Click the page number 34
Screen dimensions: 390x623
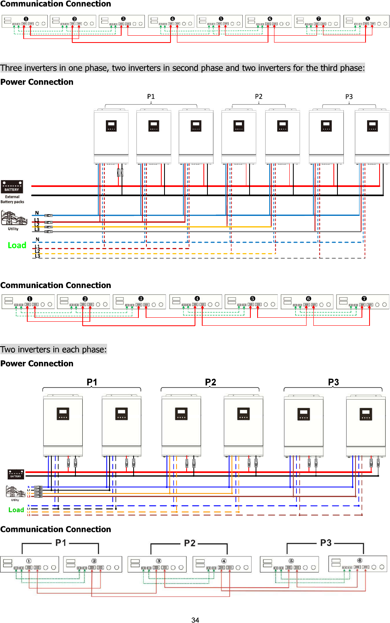point(195,620)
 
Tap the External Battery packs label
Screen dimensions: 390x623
point(12,199)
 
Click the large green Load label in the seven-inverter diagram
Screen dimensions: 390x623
point(17,246)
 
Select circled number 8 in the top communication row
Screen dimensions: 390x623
point(368,19)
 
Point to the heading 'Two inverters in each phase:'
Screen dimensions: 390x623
point(53,349)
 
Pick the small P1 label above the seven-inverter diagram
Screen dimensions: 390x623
point(151,97)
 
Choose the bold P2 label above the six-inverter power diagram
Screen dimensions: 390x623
point(210,382)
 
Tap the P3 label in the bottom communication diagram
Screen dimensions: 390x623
point(326,543)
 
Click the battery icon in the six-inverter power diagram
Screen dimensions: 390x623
point(16,474)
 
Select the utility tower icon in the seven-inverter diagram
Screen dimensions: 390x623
point(14,219)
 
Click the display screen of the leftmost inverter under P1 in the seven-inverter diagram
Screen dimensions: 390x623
point(111,126)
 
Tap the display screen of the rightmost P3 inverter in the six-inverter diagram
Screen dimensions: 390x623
point(366,414)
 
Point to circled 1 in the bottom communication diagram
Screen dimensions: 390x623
point(29,561)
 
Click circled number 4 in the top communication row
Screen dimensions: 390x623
point(173,19)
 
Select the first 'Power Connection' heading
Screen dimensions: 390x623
point(37,82)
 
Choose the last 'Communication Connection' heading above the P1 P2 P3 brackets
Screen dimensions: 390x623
point(56,529)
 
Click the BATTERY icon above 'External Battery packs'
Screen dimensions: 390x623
point(12,187)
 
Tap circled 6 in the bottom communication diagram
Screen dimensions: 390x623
point(360,560)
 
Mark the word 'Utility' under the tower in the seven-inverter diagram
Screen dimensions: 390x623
point(13,229)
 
